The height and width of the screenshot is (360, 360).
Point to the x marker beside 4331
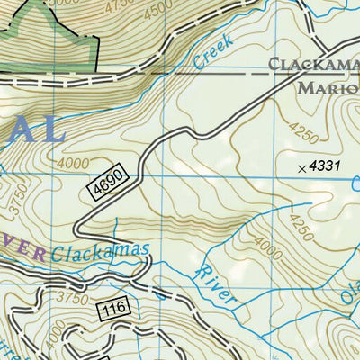(x=301, y=168)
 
